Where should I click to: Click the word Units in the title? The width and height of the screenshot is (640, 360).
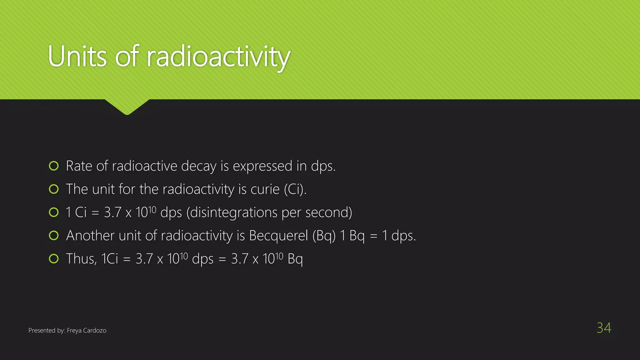tap(77, 57)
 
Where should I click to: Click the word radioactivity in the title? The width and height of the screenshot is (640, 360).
tap(218, 57)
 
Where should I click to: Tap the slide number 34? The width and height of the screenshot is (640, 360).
tap(604, 328)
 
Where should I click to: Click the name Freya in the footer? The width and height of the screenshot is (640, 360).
tap(74, 330)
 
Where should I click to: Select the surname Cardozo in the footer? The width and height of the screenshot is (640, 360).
tap(95, 330)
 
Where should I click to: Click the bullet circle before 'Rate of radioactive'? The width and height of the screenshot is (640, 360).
tap(54, 166)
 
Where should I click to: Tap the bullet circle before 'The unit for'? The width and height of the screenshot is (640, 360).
tap(54, 189)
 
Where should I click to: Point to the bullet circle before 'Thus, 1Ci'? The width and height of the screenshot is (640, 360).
tap(54, 259)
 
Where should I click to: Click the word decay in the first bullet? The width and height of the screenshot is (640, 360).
tap(199, 166)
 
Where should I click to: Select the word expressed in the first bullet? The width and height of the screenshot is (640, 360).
tap(262, 166)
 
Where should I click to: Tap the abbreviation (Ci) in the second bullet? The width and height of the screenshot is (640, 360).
tap(295, 189)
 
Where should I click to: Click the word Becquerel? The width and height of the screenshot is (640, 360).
tap(278, 236)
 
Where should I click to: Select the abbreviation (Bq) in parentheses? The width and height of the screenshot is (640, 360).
tap(324, 236)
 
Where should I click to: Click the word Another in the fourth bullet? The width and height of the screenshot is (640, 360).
tap(90, 236)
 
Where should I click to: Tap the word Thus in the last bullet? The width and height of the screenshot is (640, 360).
tap(81, 259)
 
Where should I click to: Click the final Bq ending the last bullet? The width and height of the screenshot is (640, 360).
tap(295, 259)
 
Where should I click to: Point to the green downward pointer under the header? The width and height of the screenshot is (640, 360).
tap(127, 106)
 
